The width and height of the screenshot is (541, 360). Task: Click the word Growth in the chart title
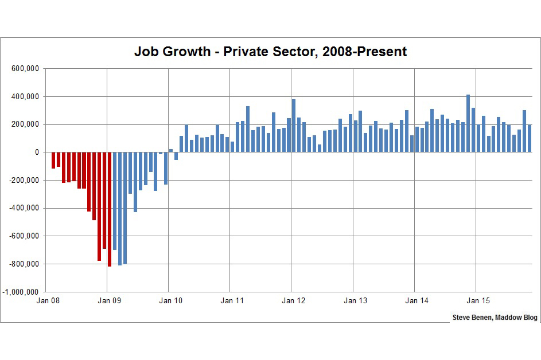pos(188,52)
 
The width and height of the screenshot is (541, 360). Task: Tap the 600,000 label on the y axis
pos(25,69)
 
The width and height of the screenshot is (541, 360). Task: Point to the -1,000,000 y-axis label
pos(21,292)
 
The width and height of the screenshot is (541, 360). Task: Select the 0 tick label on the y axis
pos(36,152)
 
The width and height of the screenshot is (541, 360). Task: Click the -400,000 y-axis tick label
pos(24,208)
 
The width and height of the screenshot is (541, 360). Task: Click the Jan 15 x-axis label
pos(476,300)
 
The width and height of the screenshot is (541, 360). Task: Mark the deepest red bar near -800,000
pos(110,209)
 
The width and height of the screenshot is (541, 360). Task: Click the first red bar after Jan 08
pos(53,161)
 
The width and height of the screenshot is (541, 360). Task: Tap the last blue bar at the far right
pos(530,138)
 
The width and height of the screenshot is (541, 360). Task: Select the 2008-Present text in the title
pos(364,52)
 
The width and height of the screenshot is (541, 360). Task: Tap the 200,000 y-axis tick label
pos(25,124)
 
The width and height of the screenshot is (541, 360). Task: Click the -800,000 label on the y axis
pos(24,264)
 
